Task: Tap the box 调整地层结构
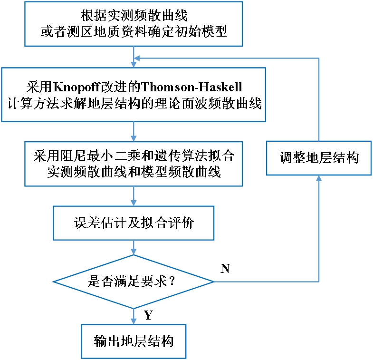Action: (318, 158)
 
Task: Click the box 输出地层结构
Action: (134, 341)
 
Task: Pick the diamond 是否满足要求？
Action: (134, 282)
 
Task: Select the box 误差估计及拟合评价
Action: (134, 223)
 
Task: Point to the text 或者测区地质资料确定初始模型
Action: (134, 32)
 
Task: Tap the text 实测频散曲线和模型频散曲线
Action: (134, 172)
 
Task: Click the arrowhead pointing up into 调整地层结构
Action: (318, 179)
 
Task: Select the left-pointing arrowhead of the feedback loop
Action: (137, 58)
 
